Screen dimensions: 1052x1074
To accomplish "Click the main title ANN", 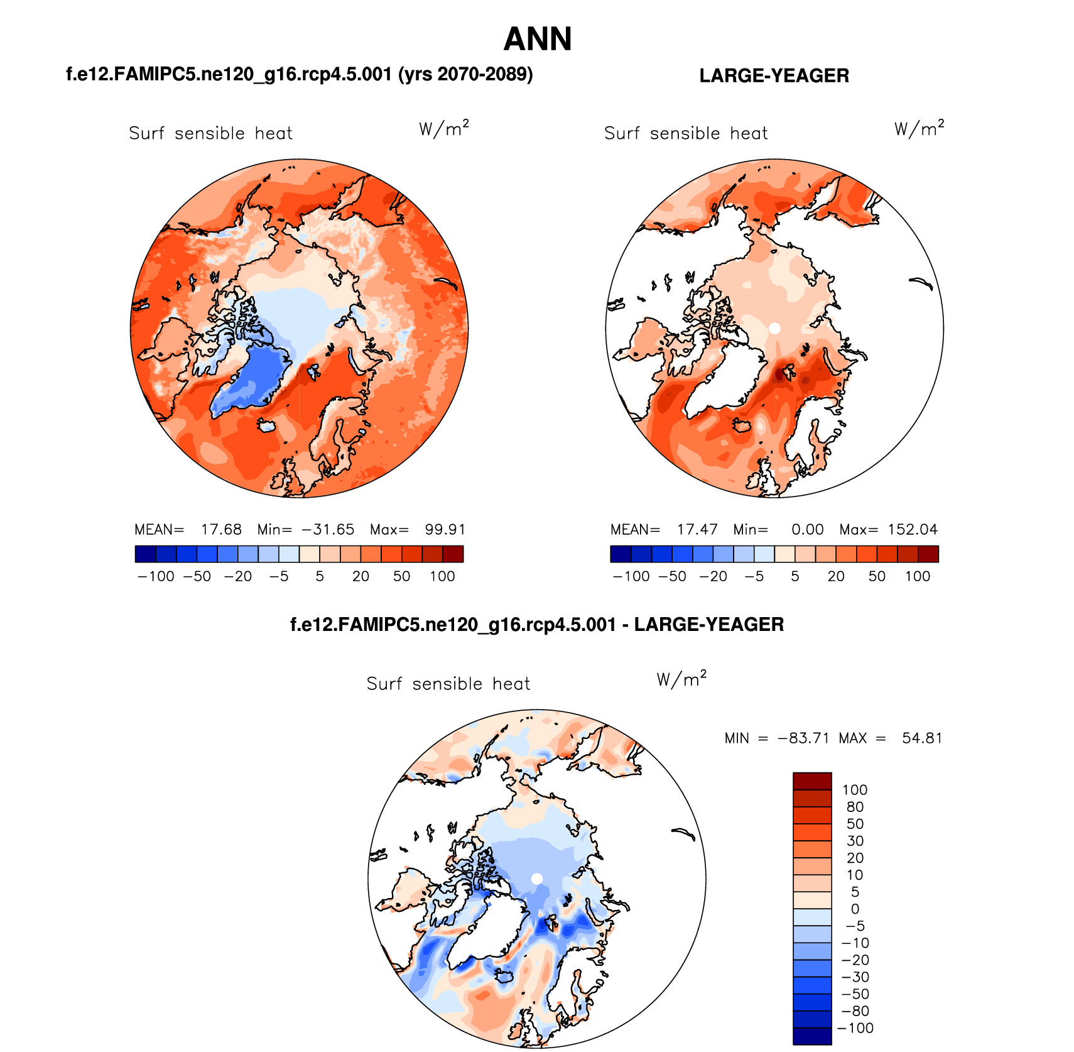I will click(538, 39).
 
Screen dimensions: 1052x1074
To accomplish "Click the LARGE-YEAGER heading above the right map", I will click(774, 75).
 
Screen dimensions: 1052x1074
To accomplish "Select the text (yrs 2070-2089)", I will click(465, 74).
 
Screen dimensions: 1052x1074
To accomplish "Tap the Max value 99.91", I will click(445, 530).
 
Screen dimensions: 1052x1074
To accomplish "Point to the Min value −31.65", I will click(328, 530).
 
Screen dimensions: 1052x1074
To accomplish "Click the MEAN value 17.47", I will click(697, 530).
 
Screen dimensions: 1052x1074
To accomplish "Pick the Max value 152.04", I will click(913, 530).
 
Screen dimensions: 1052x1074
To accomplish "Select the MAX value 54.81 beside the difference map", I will click(922, 738).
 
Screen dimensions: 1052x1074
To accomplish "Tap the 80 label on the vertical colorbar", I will click(855, 807).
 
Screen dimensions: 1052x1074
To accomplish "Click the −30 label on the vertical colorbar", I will click(855, 977).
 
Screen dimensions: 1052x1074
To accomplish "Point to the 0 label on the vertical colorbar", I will click(855, 909).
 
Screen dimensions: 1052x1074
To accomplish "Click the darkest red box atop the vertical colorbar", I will click(812, 781).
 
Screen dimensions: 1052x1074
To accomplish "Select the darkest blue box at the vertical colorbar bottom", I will click(812, 1036).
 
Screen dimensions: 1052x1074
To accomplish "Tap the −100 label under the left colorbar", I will click(156, 576).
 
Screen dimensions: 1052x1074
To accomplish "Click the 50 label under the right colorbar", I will click(877, 576).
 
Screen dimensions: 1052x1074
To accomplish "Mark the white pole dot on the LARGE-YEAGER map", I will click(774, 328).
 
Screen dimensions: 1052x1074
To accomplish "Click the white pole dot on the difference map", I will click(537, 879).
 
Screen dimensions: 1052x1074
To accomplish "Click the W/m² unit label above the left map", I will click(443, 129).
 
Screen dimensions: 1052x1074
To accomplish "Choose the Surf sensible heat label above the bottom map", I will click(448, 684).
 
